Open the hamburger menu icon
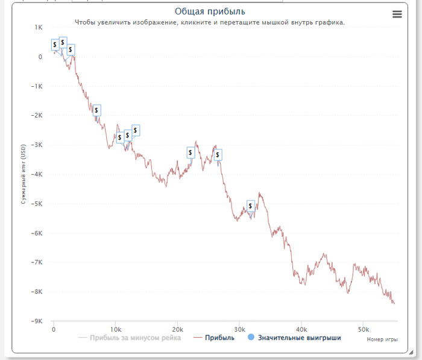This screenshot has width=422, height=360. pyautogui.click(x=397, y=14)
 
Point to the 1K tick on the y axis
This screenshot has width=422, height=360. pyautogui.click(x=38, y=28)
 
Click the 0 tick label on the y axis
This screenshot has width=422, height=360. pyautogui.click(x=40, y=57)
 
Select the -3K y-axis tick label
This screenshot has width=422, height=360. pyautogui.click(x=37, y=145)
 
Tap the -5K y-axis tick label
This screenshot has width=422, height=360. pyautogui.click(x=37, y=204)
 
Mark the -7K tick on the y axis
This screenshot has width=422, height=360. pyautogui.click(x=37, y=263)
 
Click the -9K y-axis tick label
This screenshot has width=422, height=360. pyautogui.click(x=37, y=321)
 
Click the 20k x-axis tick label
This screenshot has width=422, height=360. pyautogui.click(x=177, y=330)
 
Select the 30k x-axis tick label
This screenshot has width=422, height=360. pyautogui.click(x=239, y=330)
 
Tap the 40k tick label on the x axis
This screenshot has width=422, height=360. pyautogui.click(x=301, y=330)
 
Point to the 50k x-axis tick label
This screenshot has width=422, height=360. pyautogui.click(x=363, y=330)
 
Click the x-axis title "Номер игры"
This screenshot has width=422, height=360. pyautogui.click(x=382, y=339)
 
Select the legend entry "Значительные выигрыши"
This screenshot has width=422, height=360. pyautogui.click(x=299, y=338)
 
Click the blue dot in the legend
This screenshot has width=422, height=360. pyautogui.click(x=251, y=338)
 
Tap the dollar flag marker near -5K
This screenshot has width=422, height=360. pyautogui.click(x=251, y=206)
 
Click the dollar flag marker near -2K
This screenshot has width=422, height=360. pyautogui.click(x=96, y=110)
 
